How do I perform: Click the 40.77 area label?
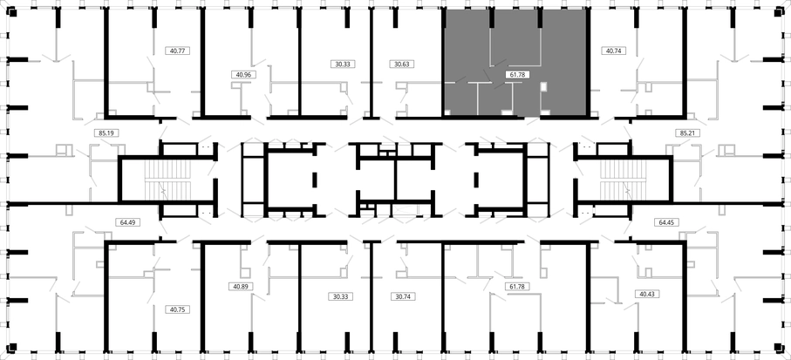click(x=178, y=51)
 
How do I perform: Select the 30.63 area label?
click(x=402, y=64)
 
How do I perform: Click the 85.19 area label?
click(x=106, y=133)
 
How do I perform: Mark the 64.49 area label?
click(x=127, y=221)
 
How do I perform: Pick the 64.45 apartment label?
click(x=666, y=221)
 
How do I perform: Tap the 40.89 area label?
click(x=240, y=286)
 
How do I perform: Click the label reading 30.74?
click(x=403, y=296)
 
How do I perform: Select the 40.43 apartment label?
click(x=647, y=293)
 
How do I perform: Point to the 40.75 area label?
click(x=178, y=309)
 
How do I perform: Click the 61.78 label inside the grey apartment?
click(x=516, y=75)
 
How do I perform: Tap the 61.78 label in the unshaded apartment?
click(x=516, y=287)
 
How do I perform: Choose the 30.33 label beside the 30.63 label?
click(x=344, y=64)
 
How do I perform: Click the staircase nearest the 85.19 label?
click(x=168, y=180)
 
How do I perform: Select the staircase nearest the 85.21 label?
click(x=623, y=180)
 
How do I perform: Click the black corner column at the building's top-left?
click(x=12, y=14)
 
